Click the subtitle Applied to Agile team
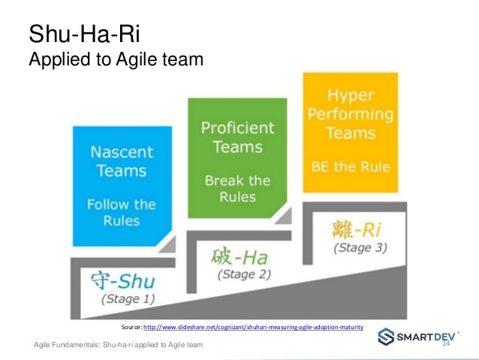point(116,57)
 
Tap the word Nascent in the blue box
point(121,150)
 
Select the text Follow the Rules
point(121,212)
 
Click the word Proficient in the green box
point(237,128)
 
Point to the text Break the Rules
point(237,189)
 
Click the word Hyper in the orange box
point(349,96)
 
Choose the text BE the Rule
point(349,167)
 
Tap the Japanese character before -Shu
point(101,281)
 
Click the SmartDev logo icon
point(385,337)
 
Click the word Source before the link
point(130,328)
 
